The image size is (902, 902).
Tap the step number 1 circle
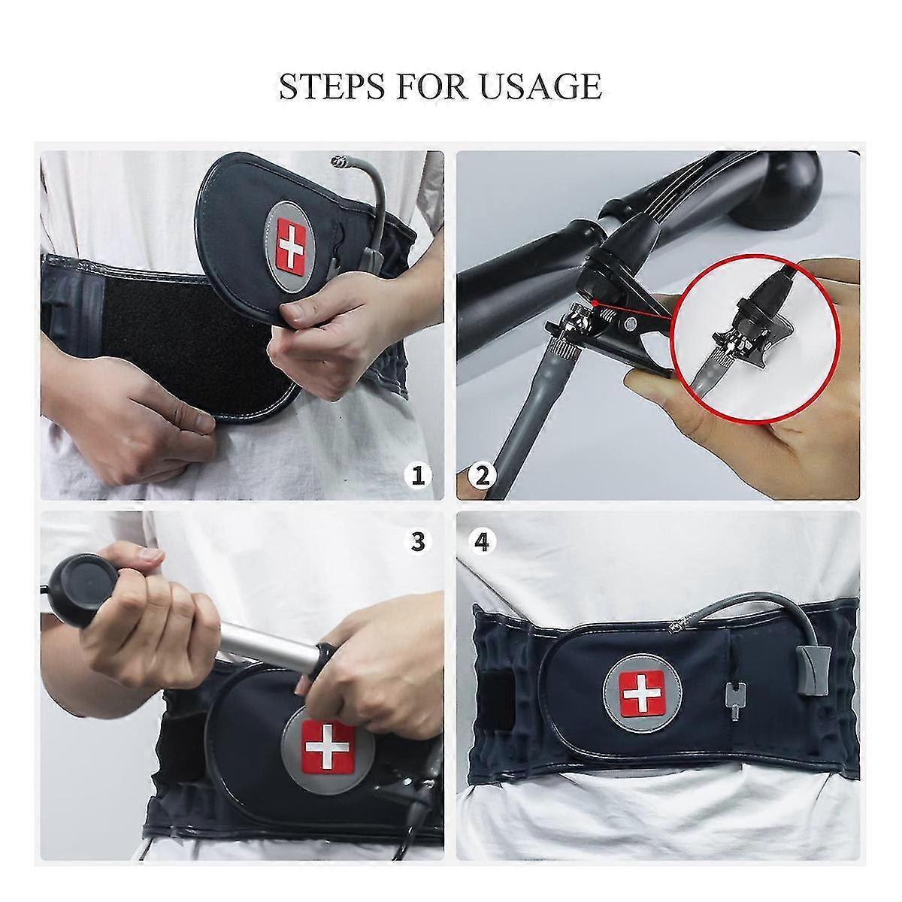419,475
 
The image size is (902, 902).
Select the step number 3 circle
419,540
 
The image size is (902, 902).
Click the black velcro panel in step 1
173,316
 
